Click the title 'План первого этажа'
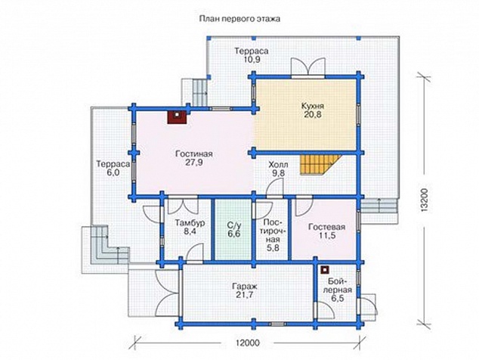(239, 19)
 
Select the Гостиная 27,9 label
(194, 158)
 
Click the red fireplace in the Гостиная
(177, 117)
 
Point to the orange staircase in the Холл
(320, 164)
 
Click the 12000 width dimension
(248, 343)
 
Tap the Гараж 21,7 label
(244, 290)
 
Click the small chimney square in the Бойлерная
(325, 270)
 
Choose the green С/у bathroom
(233, 230)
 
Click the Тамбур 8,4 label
(190, 227)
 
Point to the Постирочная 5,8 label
(273, 235)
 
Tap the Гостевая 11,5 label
(326, 231)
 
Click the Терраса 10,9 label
(252, 55)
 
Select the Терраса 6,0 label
(113, 168)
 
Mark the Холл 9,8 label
(278, 169)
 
